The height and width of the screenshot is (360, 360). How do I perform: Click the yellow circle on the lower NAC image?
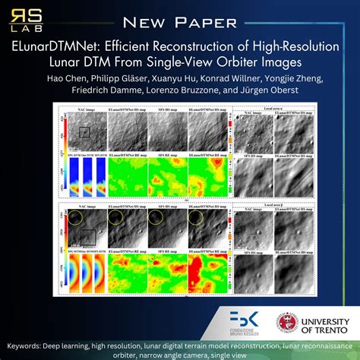click(x=76, y=221)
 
